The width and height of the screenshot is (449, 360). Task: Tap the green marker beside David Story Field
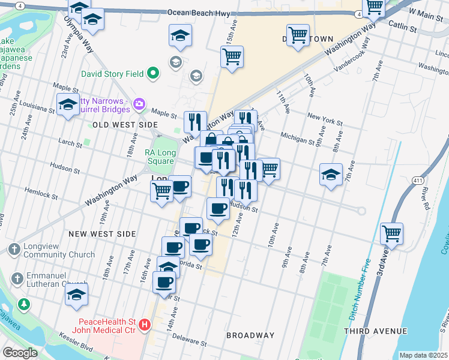153,74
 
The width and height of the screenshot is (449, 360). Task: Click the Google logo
20,353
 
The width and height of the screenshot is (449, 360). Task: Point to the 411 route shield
418,180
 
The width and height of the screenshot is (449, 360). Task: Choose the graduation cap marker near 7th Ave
330,175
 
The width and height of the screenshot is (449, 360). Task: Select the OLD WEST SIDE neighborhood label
125,124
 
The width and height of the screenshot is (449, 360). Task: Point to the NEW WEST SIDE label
102,233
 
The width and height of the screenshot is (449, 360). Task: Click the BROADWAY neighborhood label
250,335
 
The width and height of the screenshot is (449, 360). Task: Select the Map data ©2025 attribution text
423,355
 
